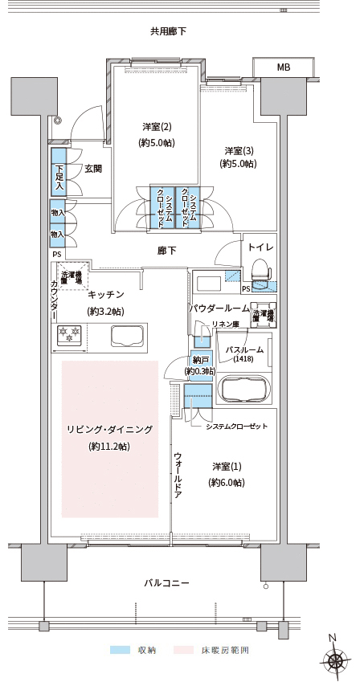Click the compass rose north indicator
[335, 658]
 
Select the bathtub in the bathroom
[244, 387]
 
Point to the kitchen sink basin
[129, 335]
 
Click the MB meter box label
[284, 67]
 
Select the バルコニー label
[166, 583]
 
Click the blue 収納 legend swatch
[121, 650]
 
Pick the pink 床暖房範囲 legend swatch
[184, 650]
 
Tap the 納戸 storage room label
[200, 360]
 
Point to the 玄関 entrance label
[93, 169]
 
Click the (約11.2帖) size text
[108, 446]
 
